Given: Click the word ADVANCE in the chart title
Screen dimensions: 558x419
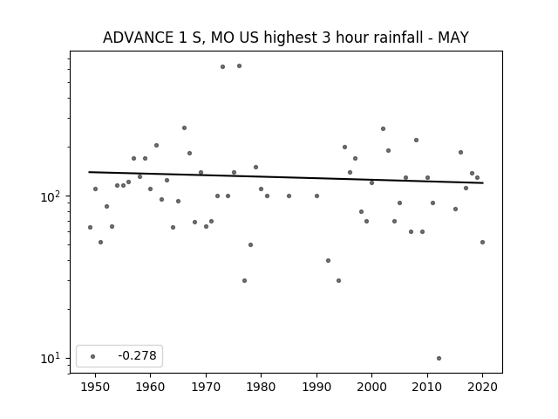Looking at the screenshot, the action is coord(138,38).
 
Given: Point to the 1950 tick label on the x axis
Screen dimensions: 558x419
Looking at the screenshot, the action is coord(95,387).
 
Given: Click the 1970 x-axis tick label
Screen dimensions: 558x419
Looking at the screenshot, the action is coord(206,387).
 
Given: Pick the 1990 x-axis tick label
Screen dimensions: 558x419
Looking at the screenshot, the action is coord(316,387).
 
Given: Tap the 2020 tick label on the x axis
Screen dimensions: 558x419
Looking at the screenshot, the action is coord(482,387).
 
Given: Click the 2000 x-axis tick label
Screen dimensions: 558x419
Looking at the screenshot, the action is coord(372,387).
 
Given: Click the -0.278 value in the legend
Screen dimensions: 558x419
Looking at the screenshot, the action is coord(138,355).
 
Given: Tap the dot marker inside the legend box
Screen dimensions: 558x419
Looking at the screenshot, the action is coord(93,356).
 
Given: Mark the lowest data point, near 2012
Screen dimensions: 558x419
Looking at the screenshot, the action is coord(439,359).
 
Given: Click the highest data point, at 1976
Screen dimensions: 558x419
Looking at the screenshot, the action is coord(239,66).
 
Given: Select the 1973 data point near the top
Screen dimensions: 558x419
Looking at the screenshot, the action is coord(223,66).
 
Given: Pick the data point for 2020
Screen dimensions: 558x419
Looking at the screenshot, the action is coord(482,243).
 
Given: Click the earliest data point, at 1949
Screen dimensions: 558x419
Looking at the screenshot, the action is coord(90,227).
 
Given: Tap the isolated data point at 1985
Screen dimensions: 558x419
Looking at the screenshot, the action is coord(289,196).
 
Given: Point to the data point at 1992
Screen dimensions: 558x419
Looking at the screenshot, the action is coord(328,260).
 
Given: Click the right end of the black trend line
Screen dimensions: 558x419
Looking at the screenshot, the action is coord(483,182).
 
